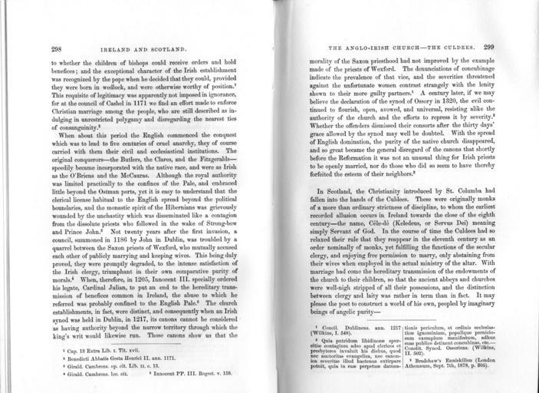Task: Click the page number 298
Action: tap(56, 48)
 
